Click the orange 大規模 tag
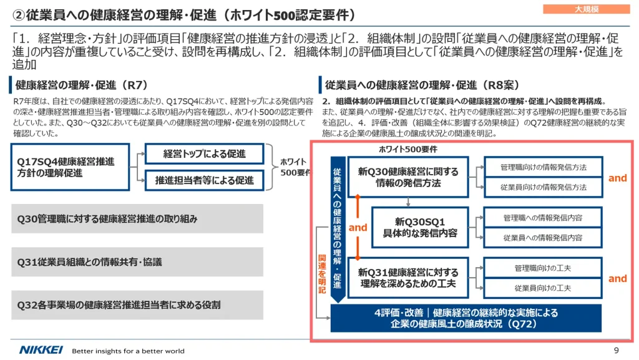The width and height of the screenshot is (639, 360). [586, 9]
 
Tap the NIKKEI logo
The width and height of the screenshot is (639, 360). [41, 350]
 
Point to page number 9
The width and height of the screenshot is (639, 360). [616, 350]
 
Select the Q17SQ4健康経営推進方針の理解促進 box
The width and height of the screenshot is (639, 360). [70, 167]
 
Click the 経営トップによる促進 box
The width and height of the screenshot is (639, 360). [204, 154]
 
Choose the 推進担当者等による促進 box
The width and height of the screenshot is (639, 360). [204, 180]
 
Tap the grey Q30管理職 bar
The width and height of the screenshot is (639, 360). [137, 219]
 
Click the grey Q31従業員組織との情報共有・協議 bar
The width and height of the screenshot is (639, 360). [137, 262]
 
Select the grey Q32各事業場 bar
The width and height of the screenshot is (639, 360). [137, 305]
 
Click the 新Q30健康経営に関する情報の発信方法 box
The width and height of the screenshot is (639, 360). [408, 177]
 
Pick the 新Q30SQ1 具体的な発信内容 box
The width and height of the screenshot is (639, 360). [420, 227]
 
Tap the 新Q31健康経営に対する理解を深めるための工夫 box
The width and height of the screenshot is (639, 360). [408, 278]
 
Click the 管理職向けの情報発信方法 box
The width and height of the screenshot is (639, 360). [544, 167]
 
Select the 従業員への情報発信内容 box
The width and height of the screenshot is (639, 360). [543, 238]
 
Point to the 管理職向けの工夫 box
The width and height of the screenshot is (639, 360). [543, 268]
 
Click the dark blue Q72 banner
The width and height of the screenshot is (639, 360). [466, 318]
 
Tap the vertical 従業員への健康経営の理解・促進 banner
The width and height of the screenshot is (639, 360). [338, 229]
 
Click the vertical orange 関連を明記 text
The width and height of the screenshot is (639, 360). [322, 274]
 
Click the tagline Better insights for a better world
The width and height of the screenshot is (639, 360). [128, 351]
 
